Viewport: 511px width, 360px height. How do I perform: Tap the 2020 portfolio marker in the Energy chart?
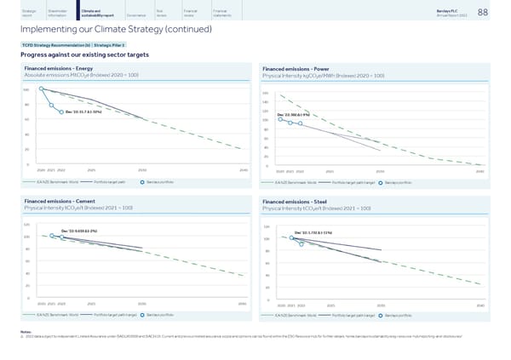coord(41,89)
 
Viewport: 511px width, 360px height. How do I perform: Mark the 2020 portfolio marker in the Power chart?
coord(280,119)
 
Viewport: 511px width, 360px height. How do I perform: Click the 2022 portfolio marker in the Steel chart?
coord(301,220)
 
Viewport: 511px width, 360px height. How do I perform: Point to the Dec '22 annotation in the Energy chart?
coord(83,111)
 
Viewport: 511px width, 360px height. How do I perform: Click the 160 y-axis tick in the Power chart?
coord(266,94)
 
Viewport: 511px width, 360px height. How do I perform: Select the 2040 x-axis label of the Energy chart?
coord(244,169)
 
